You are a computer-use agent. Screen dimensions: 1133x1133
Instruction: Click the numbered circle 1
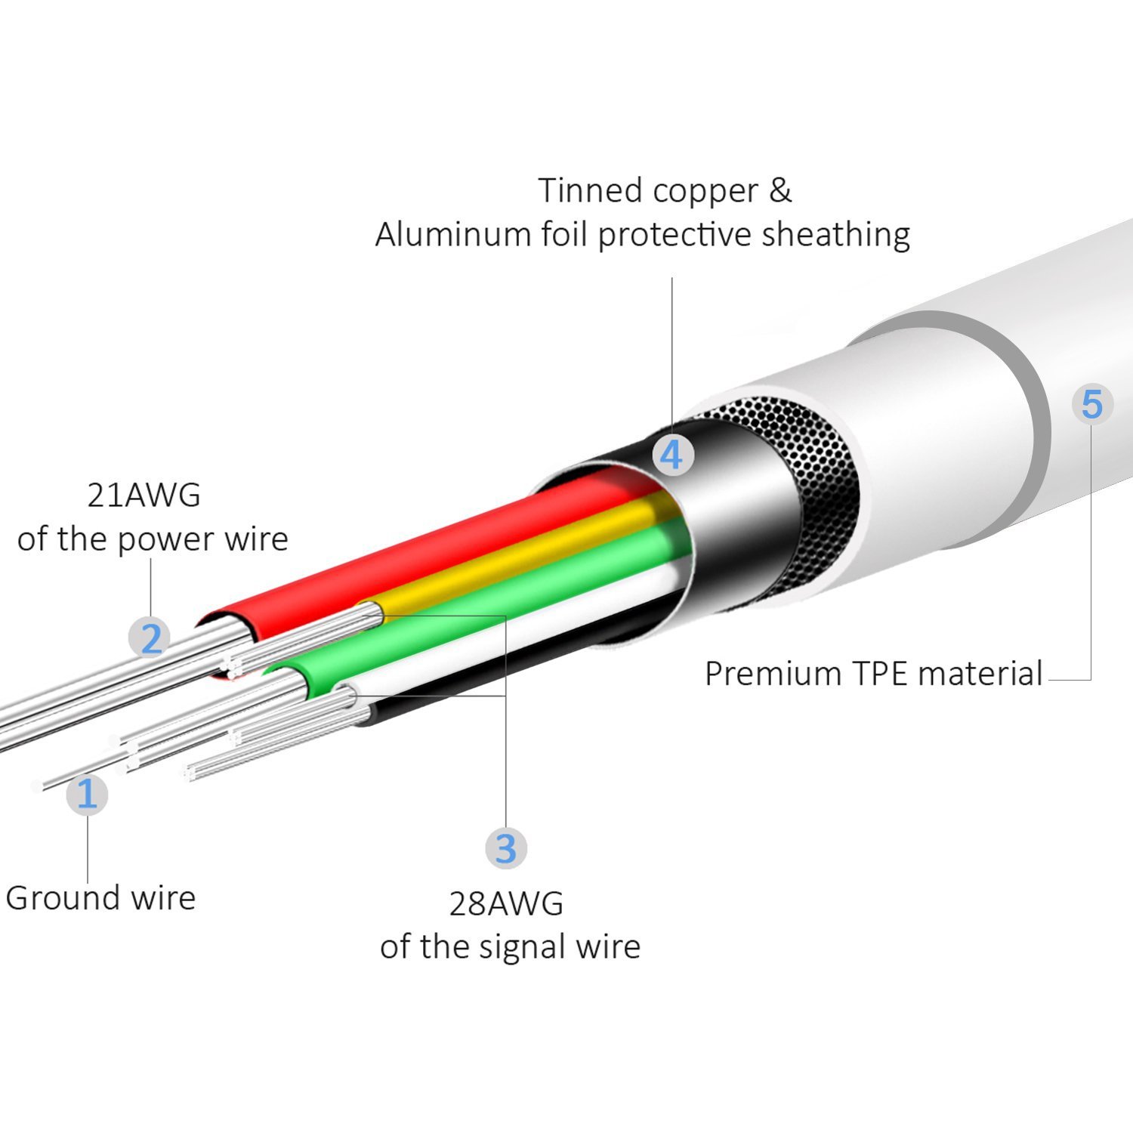[x=87, y=795]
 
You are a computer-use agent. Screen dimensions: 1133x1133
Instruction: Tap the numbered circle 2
[x=150, y=638]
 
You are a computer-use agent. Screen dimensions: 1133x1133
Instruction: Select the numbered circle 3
[x=505, y=847]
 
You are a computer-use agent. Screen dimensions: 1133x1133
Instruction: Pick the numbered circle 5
[x=1091, y=404]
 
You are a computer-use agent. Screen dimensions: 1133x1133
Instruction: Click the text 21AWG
[x=144, y=495]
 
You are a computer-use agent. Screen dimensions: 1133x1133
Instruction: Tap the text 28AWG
[x=506, y=903]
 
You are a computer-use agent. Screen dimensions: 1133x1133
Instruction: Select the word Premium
[x=763, y=674]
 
